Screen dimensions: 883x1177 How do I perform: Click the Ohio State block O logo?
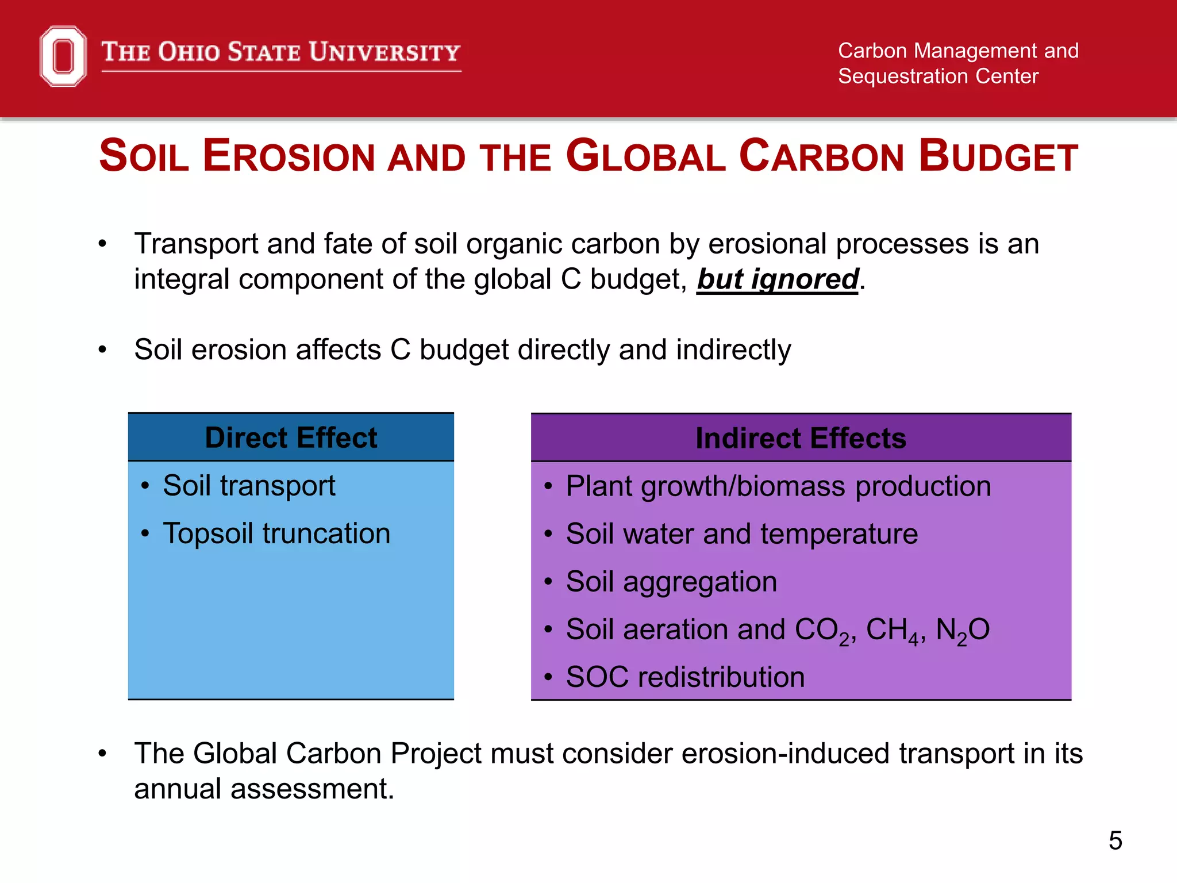pos(63,56)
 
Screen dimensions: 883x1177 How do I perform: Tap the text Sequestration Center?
pos(938,76)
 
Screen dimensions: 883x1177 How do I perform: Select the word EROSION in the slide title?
pos(289,156)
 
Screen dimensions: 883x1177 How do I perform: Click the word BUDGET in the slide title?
pos(998,156)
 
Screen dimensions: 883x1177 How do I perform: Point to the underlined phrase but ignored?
pos(778,280)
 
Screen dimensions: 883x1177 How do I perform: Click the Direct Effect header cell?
pos(291,438)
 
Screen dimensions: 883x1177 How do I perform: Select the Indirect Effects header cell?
pos(801,439)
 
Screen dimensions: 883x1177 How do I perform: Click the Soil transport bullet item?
pos(249,486)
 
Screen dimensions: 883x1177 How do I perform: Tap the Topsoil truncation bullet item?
pos(276,534)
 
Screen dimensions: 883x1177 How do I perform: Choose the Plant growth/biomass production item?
pos(778,487)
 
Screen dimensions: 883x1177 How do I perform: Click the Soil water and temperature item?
pos(741,535)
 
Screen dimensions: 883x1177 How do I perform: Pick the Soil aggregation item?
pos(671,582)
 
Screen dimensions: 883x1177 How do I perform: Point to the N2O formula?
pos(962,630)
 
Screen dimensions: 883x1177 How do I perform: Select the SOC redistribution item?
pos(685,678)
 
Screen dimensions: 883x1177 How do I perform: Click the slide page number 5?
pos(1115,841)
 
